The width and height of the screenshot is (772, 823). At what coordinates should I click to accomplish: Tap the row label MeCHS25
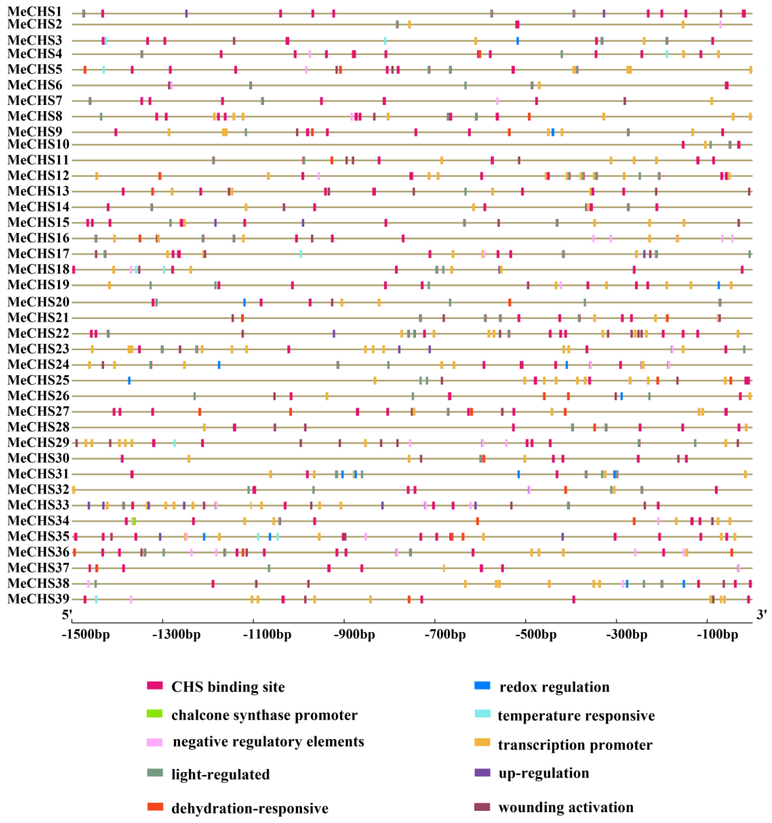point(38,380)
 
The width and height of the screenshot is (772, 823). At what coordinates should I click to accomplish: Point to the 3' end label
point(761,615)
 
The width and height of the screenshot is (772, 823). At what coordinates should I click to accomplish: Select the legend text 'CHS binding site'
point(228,687)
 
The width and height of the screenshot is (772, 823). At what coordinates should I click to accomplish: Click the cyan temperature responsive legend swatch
point(482,713)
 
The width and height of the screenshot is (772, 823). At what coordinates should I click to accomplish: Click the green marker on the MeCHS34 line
point(134,521)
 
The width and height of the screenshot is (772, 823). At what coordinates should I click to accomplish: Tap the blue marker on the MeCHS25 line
point(129,380)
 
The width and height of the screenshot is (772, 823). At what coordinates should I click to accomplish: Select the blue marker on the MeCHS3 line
point(518,41)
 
